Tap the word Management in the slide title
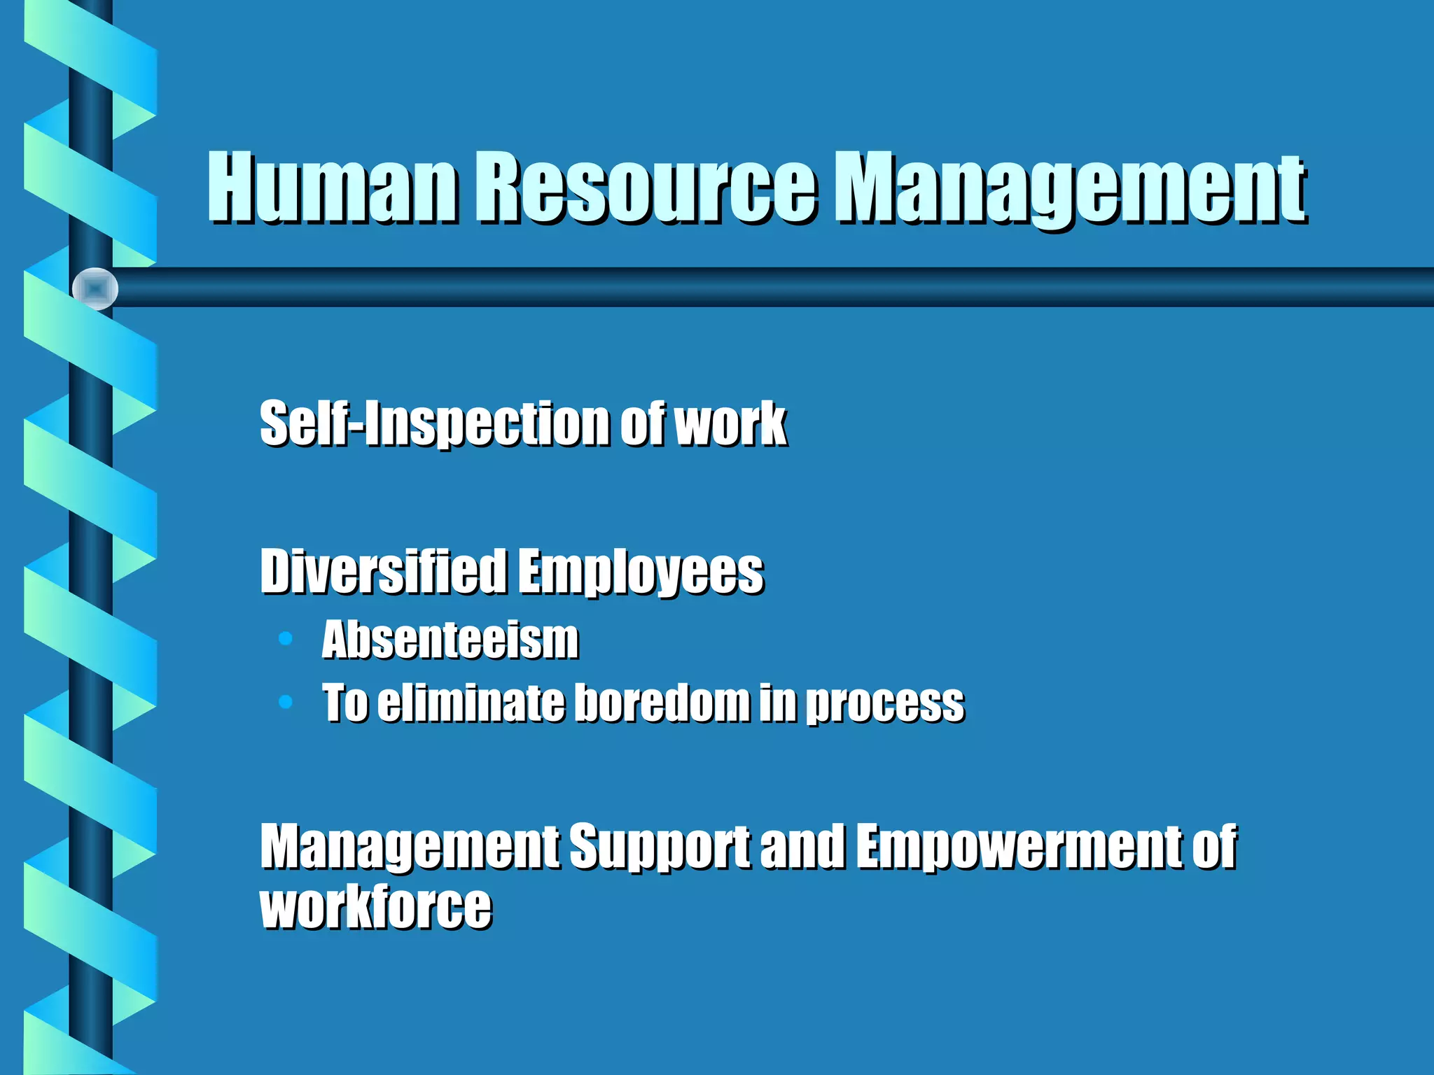coord(1071,189)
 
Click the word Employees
coord(641,572)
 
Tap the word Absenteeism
coord(450,640)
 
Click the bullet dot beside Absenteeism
coord(285,638)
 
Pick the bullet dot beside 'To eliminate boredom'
coord(285,701)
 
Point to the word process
coord(885,703)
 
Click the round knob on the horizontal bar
coord(95,288)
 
